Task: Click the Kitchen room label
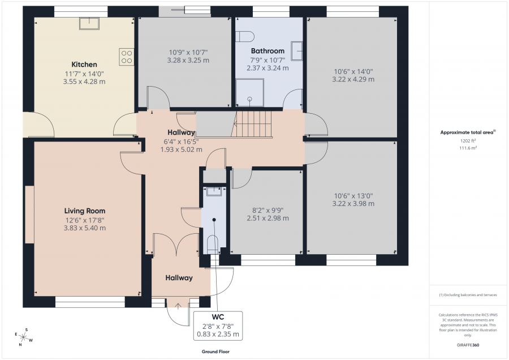pyautogui.click(x=84, y=65)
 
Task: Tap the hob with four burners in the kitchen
pyautogui.click(x=127, y=57)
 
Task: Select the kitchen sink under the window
pyautogui.click(x=89, y=23)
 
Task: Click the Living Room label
pyautogui.click(x=85, y=211)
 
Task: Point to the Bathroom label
pyautogui.click(x=268, y=51)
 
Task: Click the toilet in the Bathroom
pyautogui.click(x=245, y=36)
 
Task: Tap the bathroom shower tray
pyautogui.click(x=249, y=93)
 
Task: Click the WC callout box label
pyautogui.click(x=218, y=317)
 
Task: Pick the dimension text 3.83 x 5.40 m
pyautogui.click(x=85, y=228)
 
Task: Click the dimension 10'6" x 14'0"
pyautogui.click(x=353, y=71)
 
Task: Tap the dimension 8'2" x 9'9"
pyautogui.click(x=268, y=210)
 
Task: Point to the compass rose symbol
pyautogui.click(x=23, y=337)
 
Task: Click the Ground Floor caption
pyautogui.click(x=215, y=352)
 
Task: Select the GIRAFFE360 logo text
pyautogui.click(x=468, y=345)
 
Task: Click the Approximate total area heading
pyautogui.click(x=468, y=132)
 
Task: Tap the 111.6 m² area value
pyautogui.click(x=468, y=148)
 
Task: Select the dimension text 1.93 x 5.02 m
pyautogui.click(x=181, y=150)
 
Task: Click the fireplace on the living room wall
pyautogui.click(x=29, y=215)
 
